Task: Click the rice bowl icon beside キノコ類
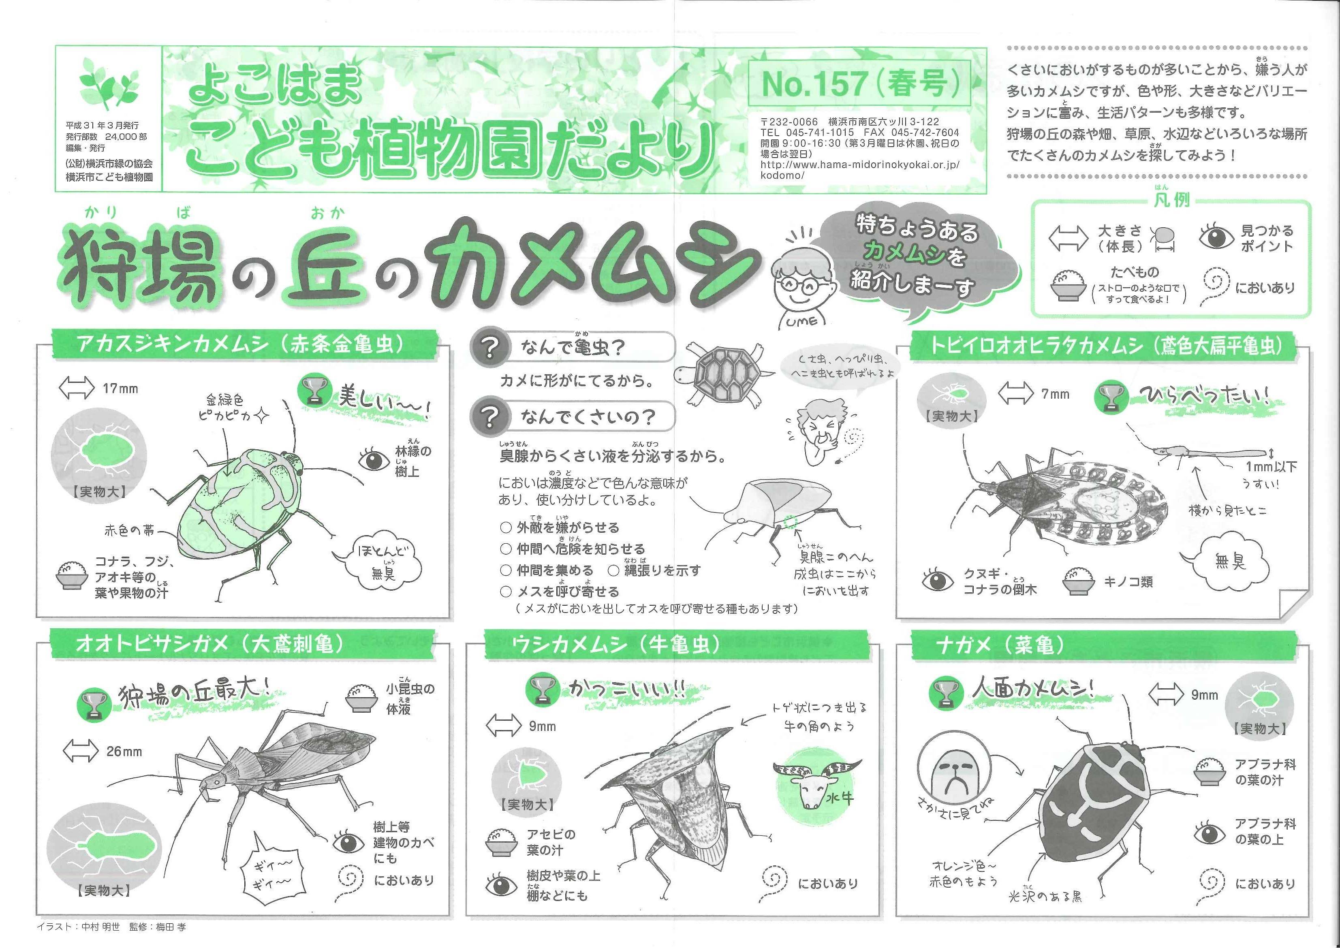click(1078, 581)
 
